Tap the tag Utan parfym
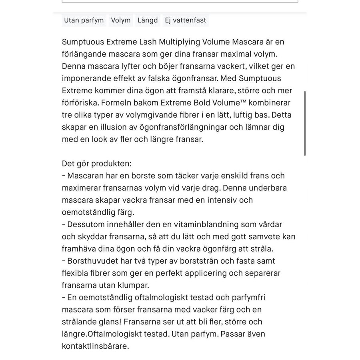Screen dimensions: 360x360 84,20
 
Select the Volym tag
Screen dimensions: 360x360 121,20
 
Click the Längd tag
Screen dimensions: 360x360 148,20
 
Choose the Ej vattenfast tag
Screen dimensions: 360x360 185,20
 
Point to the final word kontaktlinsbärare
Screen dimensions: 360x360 95,346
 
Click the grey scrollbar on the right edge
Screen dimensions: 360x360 305,123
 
